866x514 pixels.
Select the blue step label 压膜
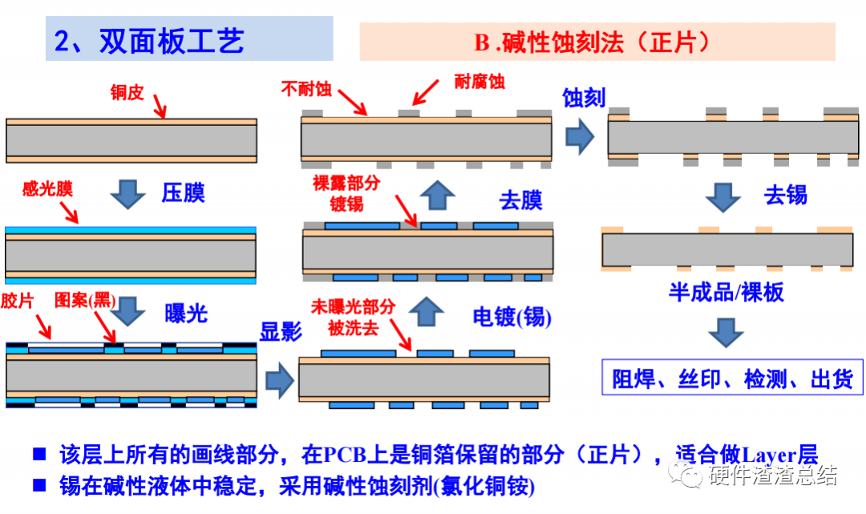(184, 192)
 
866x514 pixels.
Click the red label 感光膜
(47, 189)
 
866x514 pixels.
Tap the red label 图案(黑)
(85, 301)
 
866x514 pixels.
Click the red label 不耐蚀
(306, 87)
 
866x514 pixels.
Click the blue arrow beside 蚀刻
(579, 137)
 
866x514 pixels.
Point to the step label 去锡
(785, 195)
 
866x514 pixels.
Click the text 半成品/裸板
(726, 292)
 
